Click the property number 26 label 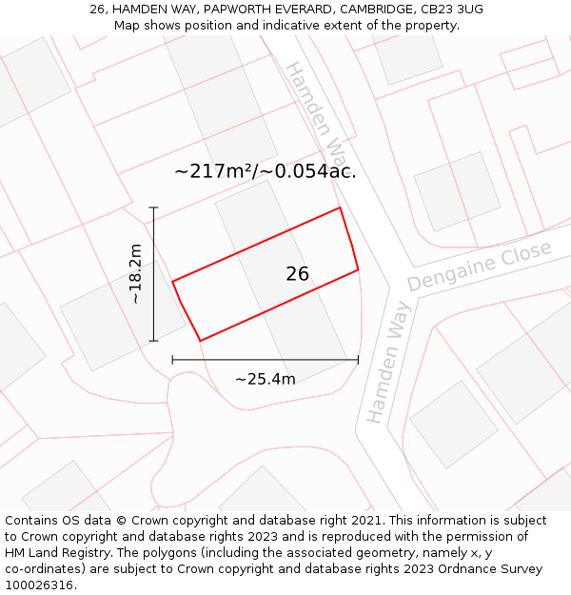[x=297, y=274]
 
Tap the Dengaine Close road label [x=480, y=267]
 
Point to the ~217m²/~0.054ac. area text [x=266, y=171]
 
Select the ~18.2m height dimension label [x=136, y=274]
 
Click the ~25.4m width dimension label [x=265, y=379]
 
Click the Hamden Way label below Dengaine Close [x=388, y=362]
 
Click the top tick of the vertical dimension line [x=153, y=208]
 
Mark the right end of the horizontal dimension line [x=358, y=360]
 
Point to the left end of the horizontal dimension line [x=172, y=360]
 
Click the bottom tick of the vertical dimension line [x=153, y=341]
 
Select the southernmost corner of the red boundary [x=200, y=341]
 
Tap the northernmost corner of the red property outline [x=340, y=208]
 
